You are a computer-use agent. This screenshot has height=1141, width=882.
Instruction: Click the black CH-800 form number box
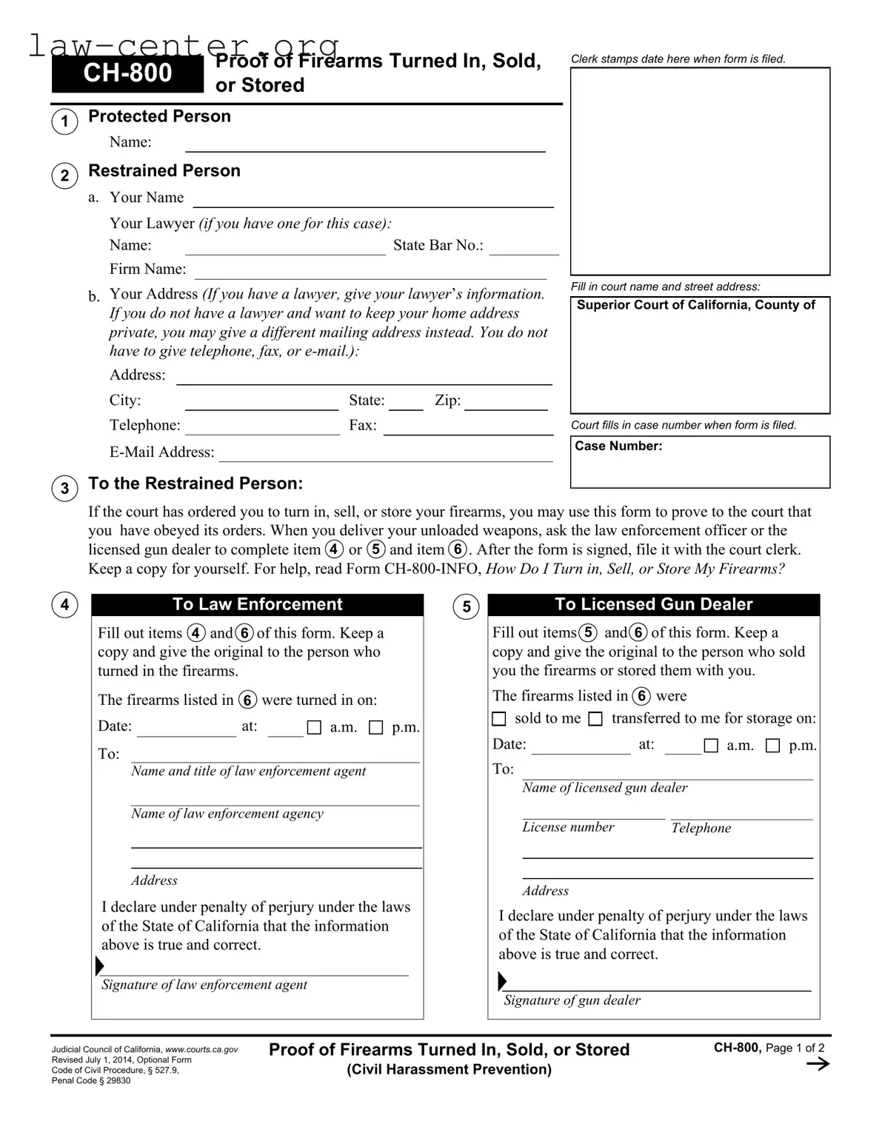click(x=127, y=73)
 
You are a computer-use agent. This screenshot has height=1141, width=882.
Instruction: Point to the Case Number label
click(x=618, y=446)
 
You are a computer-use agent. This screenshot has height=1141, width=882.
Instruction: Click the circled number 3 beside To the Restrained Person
click(x=65, y=488)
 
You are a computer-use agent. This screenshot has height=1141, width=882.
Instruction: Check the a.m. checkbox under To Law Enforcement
click(x=314, y=728)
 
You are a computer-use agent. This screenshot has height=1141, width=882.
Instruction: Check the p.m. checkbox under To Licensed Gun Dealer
click(x=772, y=746)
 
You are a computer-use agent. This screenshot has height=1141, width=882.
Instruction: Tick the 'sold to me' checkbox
click(x=499, y=719)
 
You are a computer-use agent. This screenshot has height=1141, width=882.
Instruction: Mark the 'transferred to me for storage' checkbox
click(x=595, y=719)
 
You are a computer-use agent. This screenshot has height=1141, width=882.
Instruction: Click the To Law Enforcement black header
click(x=257, y=604)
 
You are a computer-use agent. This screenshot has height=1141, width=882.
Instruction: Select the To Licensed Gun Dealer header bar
click(x=653, y=604)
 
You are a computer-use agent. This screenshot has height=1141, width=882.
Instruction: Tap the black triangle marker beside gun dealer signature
click(x=502, y=982)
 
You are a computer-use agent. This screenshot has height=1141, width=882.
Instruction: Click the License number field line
click(x=593, y=814)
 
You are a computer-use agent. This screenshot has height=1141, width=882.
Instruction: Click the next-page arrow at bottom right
click(x=817, y=1064)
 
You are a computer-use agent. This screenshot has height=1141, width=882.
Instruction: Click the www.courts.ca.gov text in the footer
click(x=201, y=1049)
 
